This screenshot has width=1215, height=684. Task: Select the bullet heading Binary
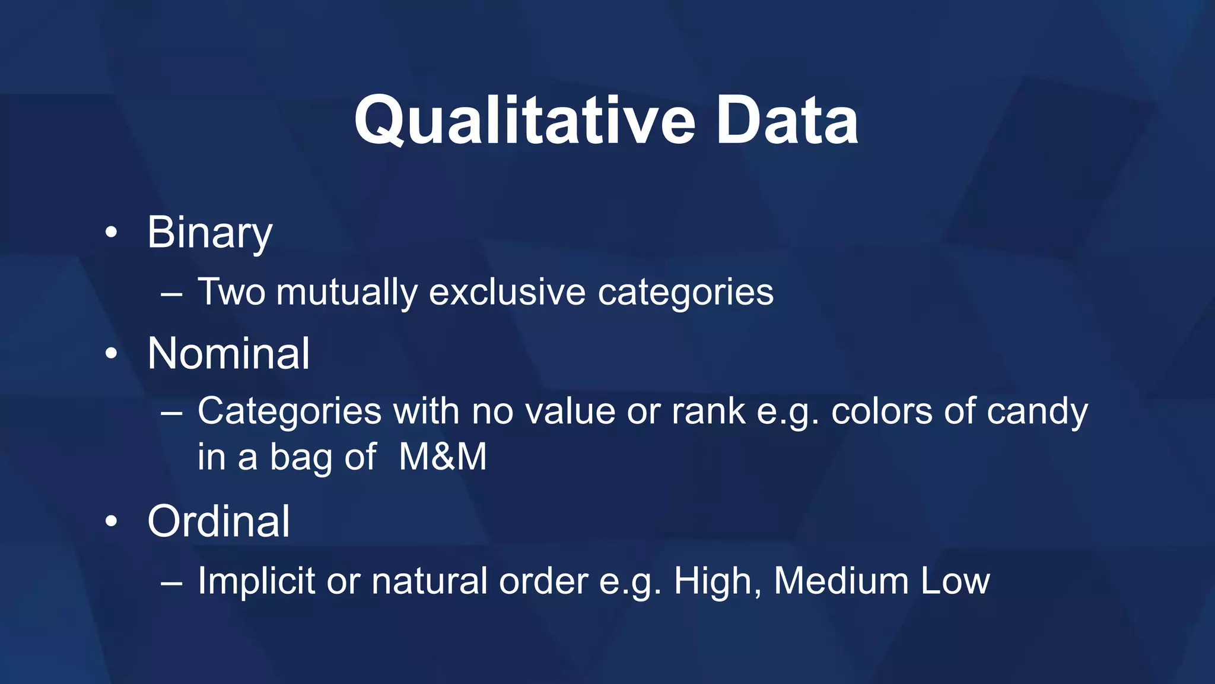[209, 233]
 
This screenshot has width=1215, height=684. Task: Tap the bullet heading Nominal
[228, 353]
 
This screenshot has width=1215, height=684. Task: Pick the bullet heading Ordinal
[218, 521]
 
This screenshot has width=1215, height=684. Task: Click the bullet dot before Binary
[111, 233]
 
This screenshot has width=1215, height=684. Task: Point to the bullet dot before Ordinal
[111, 522]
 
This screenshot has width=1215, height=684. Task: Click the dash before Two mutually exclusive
[171, 294]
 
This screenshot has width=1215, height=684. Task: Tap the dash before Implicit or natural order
[171, 582]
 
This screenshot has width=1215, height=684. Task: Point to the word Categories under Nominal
[289, 411]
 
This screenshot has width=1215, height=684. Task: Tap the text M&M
[443, 457]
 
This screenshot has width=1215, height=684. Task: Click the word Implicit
[256, 581]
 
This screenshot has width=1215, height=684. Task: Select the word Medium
[841, 581]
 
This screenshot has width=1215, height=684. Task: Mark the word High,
[717, 581]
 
